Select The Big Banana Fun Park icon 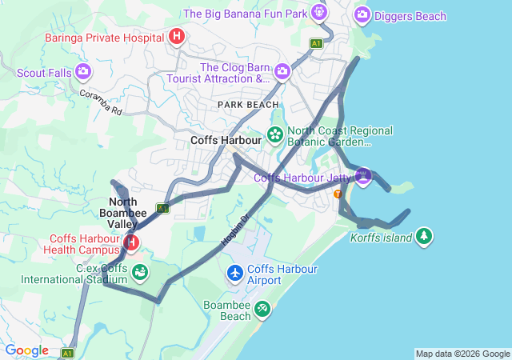click(x=319, y=13)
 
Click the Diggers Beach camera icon click(x=362, y=14)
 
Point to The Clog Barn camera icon click(x=282, y=72)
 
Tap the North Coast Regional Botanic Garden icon click(x=275, y=134)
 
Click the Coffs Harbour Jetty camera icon click(x=363, y=174)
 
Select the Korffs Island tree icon click(x=424, y=237)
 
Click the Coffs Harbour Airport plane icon click(x=235, y=274)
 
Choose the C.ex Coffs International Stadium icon click(x=139, y=273)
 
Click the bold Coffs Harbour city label click(x=226, y=140)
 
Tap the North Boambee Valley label click(x=124, y=213)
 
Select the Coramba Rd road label click(x=100, y=102)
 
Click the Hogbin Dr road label click(x=236, y=229)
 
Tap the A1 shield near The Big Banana click(x=317, y=43)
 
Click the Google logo click(x=26, y=350)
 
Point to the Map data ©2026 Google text click(x=462, y=354)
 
